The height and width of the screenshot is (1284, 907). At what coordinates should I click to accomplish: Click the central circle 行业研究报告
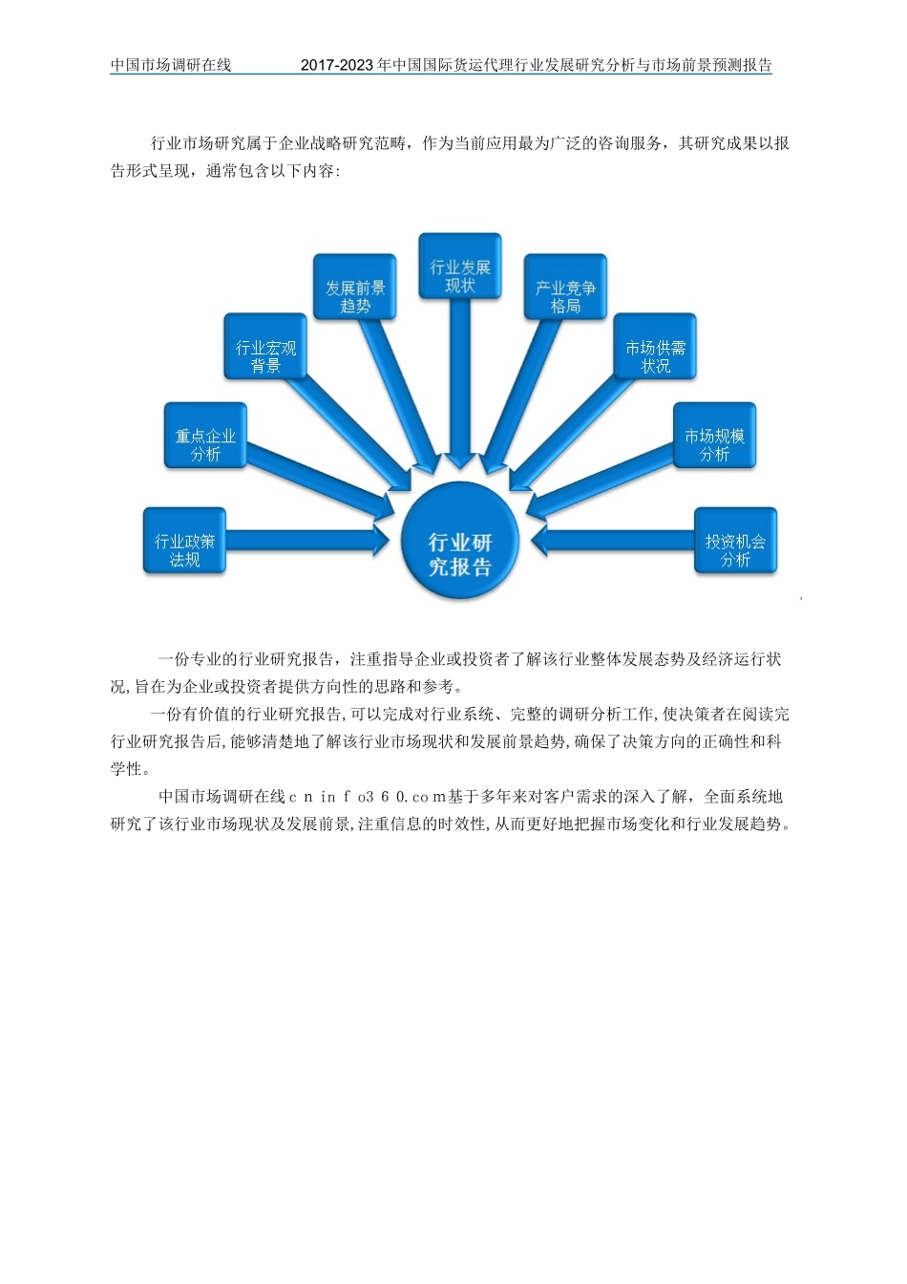tap(459, 543)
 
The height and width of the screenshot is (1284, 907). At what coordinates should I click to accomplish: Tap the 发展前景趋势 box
tap(355, 295)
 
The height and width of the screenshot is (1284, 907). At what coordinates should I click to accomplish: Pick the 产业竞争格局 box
tap(565, 295)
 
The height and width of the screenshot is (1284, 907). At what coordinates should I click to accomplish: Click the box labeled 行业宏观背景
tap(266, 355)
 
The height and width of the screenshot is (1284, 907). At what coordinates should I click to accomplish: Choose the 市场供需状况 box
tap(655, 355)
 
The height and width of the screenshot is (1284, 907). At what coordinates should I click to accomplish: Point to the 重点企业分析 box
tap(205, 444)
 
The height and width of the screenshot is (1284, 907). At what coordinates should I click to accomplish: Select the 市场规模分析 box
tap(714, 444)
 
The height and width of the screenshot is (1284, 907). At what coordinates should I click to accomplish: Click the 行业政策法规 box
tap(184, 549)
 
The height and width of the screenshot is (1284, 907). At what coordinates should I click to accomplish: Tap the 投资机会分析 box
tap(735, 549)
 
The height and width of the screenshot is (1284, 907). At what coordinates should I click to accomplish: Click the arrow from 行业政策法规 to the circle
tap(306, 542)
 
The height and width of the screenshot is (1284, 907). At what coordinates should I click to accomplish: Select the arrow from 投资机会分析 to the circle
tap(611, 542)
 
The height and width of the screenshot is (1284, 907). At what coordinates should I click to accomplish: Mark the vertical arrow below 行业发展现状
tap(460, 382)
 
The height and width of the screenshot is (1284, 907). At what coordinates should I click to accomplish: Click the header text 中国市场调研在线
tap(171, 65)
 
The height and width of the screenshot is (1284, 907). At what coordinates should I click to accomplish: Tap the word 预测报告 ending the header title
tap(742, 65)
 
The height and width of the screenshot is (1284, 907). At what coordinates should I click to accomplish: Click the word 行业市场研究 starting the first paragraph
tap(199, 143)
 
